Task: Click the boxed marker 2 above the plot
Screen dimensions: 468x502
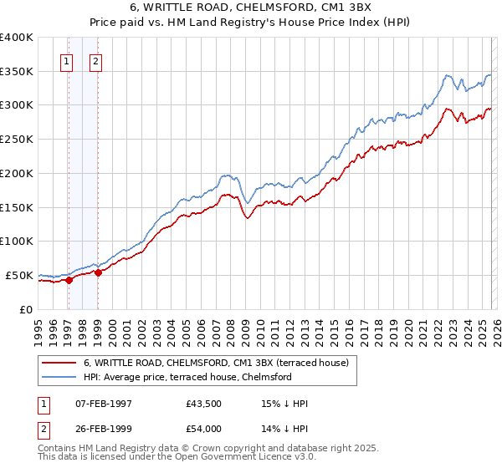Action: point(96,60)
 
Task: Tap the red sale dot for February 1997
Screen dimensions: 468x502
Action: point(69,280)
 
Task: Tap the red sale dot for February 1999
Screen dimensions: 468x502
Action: point(99,272)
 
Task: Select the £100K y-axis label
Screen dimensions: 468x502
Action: point(16,241)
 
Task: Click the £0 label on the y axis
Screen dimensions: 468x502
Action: point(25,309)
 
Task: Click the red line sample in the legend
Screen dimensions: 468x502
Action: point(59,363)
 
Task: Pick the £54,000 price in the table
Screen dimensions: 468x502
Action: point(203,427)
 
